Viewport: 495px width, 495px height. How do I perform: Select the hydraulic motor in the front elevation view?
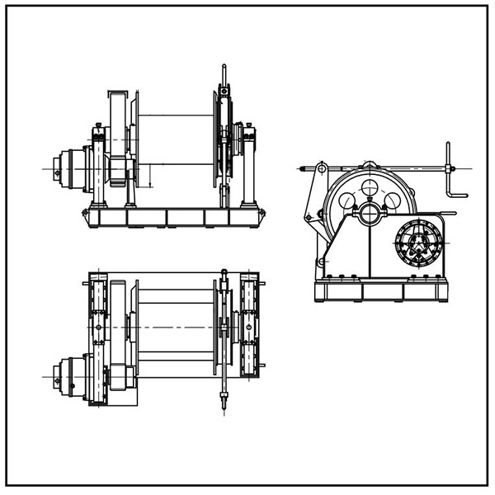tap(70, 168)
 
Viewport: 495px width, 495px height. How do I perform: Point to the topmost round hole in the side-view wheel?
tap(370, 187)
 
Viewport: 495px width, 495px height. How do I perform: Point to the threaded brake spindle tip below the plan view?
tap(224, 403)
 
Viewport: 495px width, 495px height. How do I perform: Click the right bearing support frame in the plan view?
tap(249, 328)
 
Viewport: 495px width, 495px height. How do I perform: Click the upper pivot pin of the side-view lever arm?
tap(321, 169)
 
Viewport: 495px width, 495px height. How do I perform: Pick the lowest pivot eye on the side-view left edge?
tap(321, 262)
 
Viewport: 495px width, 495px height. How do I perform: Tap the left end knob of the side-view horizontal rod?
tap(302, 169)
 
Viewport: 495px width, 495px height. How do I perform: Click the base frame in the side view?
tap(380, 290)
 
